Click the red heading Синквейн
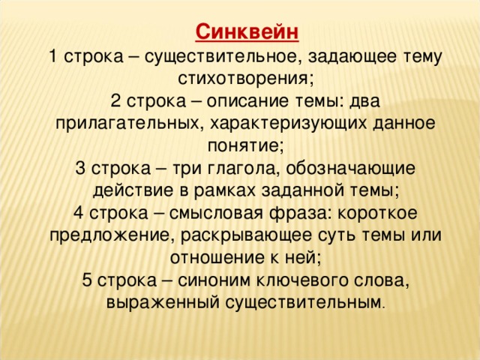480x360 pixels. coord(247,31)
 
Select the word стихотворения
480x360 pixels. coord(246,79)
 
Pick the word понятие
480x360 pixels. coord(246,146)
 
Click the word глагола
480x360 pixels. coord(244,168)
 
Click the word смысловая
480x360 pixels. coord(216,213)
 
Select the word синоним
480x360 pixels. coord(214,280)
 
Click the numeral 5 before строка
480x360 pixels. coord(87,280)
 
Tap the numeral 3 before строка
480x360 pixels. coord(80,168)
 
